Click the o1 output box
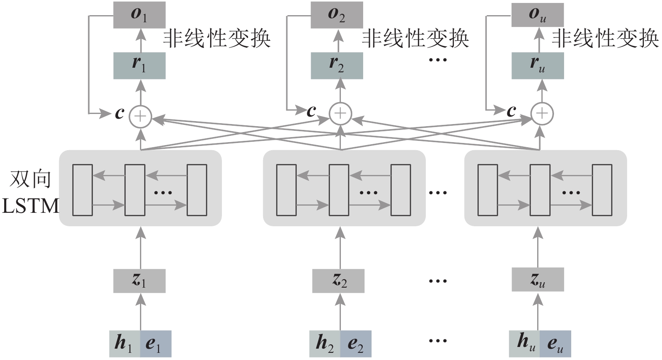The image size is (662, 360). click(x=139, y=15)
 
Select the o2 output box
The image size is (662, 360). click(x=337, y=15)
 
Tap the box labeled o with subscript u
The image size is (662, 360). click(x=537, y=15)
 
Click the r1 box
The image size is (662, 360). click(x=139, y=65)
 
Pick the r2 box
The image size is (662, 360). click(x=337, y=65)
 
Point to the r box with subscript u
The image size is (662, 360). click(x=537, y=65)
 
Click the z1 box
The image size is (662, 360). click(x=139, y=281)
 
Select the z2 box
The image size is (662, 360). click(x=338, y=281)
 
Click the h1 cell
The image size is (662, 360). click(x=124, y=344)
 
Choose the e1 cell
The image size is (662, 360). click(x=156, y=344)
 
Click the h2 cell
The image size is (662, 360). click(x=324, y=344)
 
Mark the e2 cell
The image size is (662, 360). click(x=356, y=344)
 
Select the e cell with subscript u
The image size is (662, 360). click(x=555, y=344)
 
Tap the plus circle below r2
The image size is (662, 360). click(x=340, y=113)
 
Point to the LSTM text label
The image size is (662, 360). click(x=30, y=206)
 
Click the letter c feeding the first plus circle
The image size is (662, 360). click(x=120, y=113)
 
